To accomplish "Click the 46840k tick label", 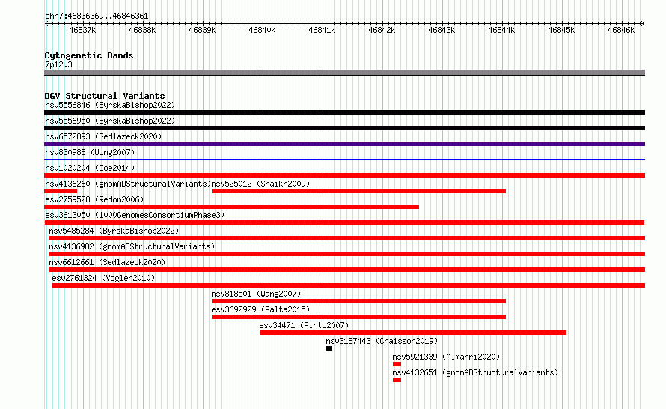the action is click(x=262, y=30).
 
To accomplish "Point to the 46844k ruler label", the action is click(x=501, y=30).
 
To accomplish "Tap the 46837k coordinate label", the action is click(x=82, y=30).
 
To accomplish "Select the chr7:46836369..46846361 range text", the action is click(x=97, y=16).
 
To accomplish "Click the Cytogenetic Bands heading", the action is click(x=89, y=55).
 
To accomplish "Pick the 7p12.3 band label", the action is click(x=58, y=64).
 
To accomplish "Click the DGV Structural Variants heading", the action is click(x=105, y=96).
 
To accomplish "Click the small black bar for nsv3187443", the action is click(x=329, y=348).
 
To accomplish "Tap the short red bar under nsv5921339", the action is click(x=397, y=364).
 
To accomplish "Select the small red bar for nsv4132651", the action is click(x=397, y=380).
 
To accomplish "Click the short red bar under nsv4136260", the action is click(x=61, y=191).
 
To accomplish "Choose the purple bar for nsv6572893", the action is click(x=344, y=144).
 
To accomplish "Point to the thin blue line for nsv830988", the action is click(x=344, y=160).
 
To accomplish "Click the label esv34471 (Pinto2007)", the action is click(x=304, y=325).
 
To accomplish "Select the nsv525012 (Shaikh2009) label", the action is click(x=261, y=184).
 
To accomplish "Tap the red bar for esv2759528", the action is click(x=231, y=207).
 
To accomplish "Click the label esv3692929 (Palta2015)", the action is click(x=261, y=309).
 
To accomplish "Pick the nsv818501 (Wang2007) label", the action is click(x=256, y=294).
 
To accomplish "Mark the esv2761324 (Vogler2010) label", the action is click(x=103, y=278).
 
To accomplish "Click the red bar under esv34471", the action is click(x=413, y=333).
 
